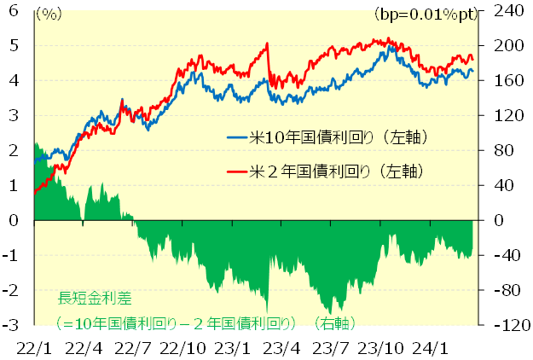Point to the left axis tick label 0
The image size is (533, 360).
pyautogui.click(x=14, y=220)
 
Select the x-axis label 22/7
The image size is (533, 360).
pyautogui.click(x=133, y=348)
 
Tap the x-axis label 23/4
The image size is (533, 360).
pyautogui.click(x=281, y=348)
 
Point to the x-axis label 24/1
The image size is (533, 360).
pyautogui.click(x=429, y=348)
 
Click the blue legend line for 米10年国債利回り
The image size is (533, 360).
pyautogui.click(x=236, y=136)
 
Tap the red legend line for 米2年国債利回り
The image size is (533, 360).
pyautogui.click(x=236, y=171)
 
